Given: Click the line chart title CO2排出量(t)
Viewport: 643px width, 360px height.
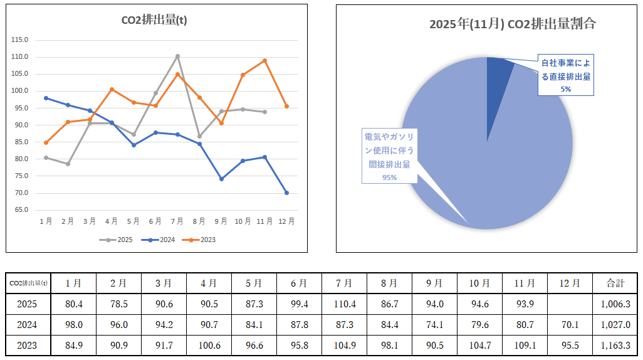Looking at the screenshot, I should point(154,20).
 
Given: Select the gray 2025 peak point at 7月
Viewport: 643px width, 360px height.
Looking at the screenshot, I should point(177,56).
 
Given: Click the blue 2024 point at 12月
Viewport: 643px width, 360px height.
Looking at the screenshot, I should point(286,193).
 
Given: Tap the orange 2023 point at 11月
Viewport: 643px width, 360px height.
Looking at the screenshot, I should point(264,60).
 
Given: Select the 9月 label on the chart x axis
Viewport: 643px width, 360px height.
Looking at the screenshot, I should point(221,221).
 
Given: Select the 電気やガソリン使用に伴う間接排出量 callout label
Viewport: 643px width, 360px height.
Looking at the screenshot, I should point(389,156).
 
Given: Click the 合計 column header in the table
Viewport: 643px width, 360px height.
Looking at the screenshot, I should point(615,283).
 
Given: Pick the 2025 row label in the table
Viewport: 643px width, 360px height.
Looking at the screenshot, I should point(28,304).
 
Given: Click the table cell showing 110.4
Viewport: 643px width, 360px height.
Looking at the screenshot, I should point(344,304).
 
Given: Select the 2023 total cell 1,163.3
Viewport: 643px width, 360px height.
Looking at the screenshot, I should point(615,345).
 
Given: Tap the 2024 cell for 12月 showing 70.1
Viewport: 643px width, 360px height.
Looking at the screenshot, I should point(569,325).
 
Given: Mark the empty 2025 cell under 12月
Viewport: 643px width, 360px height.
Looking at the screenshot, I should point(569,304).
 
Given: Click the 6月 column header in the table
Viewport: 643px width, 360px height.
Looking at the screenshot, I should point(299,283).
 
